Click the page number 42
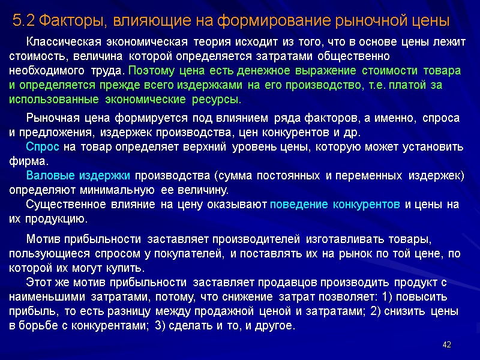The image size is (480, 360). pos(446,344)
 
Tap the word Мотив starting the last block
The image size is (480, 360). pos(42,239)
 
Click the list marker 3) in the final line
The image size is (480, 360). pos(160,326)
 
